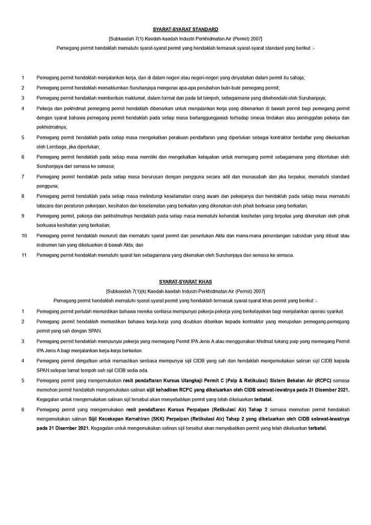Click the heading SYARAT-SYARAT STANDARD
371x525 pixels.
click(185, 30)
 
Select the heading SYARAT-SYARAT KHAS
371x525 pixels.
click(185, 282)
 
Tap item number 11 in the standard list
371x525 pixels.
click(24, 255)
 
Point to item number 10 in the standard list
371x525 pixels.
click(24, 235)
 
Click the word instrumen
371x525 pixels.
click(47, 245)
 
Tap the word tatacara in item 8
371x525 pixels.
click(45, 206)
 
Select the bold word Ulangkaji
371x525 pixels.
click(197, 381)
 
